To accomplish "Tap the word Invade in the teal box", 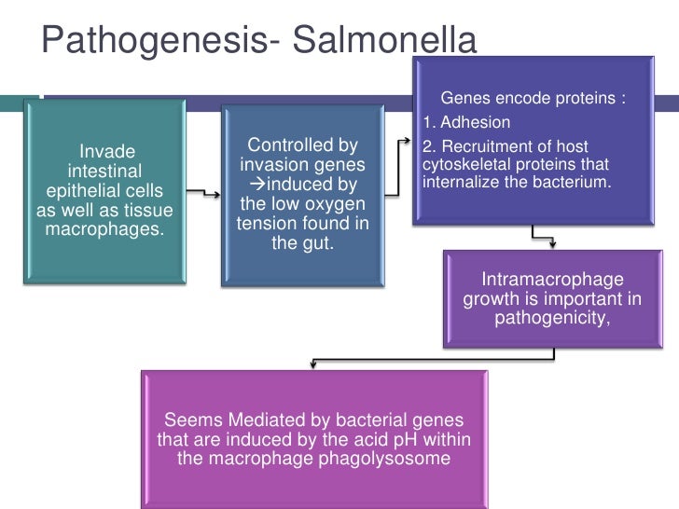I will [107, 151].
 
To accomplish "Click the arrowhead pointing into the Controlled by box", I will [216, 196].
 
